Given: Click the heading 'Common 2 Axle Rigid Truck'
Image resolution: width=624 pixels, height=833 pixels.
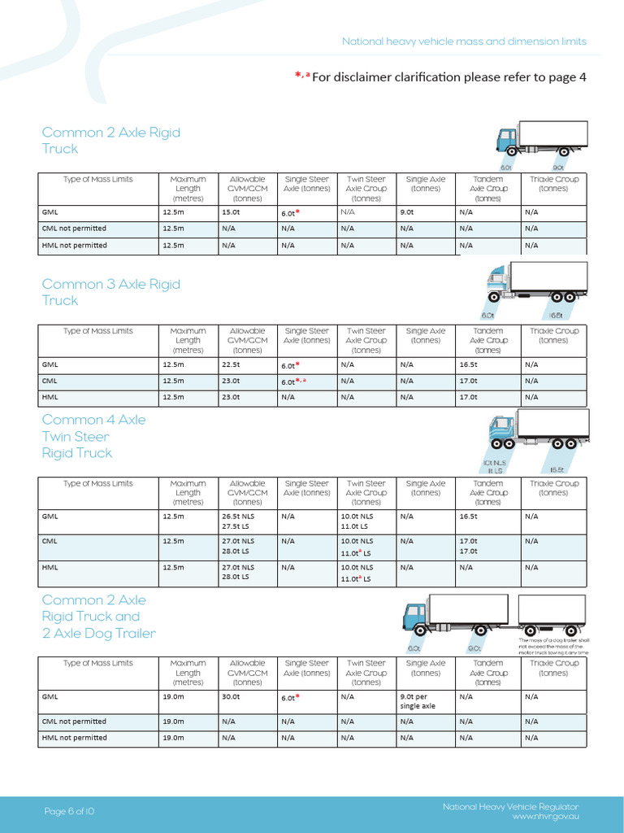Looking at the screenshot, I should (110, 140).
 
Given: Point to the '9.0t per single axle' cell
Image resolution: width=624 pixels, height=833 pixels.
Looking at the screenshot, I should (418, 701).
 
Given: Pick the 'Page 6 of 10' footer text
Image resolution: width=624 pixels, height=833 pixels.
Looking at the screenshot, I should (70, 811).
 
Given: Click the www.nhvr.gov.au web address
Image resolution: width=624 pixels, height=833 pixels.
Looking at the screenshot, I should (545, 816).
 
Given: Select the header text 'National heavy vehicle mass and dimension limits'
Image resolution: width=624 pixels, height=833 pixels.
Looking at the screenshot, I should (464, 41).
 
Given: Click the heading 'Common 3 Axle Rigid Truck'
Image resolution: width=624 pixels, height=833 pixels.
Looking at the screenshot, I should (110, 292).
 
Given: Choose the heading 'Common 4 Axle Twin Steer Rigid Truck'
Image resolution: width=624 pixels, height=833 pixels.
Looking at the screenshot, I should (93, 436).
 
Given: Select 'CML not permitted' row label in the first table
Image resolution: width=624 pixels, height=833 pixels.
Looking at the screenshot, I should (74, 229).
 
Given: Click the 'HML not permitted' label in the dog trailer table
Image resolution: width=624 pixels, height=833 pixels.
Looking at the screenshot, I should (74, 738).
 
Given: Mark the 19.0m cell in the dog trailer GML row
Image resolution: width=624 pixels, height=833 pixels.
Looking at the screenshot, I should (173, 696).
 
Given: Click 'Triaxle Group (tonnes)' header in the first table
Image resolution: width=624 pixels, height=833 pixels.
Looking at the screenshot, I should (553, 184).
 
